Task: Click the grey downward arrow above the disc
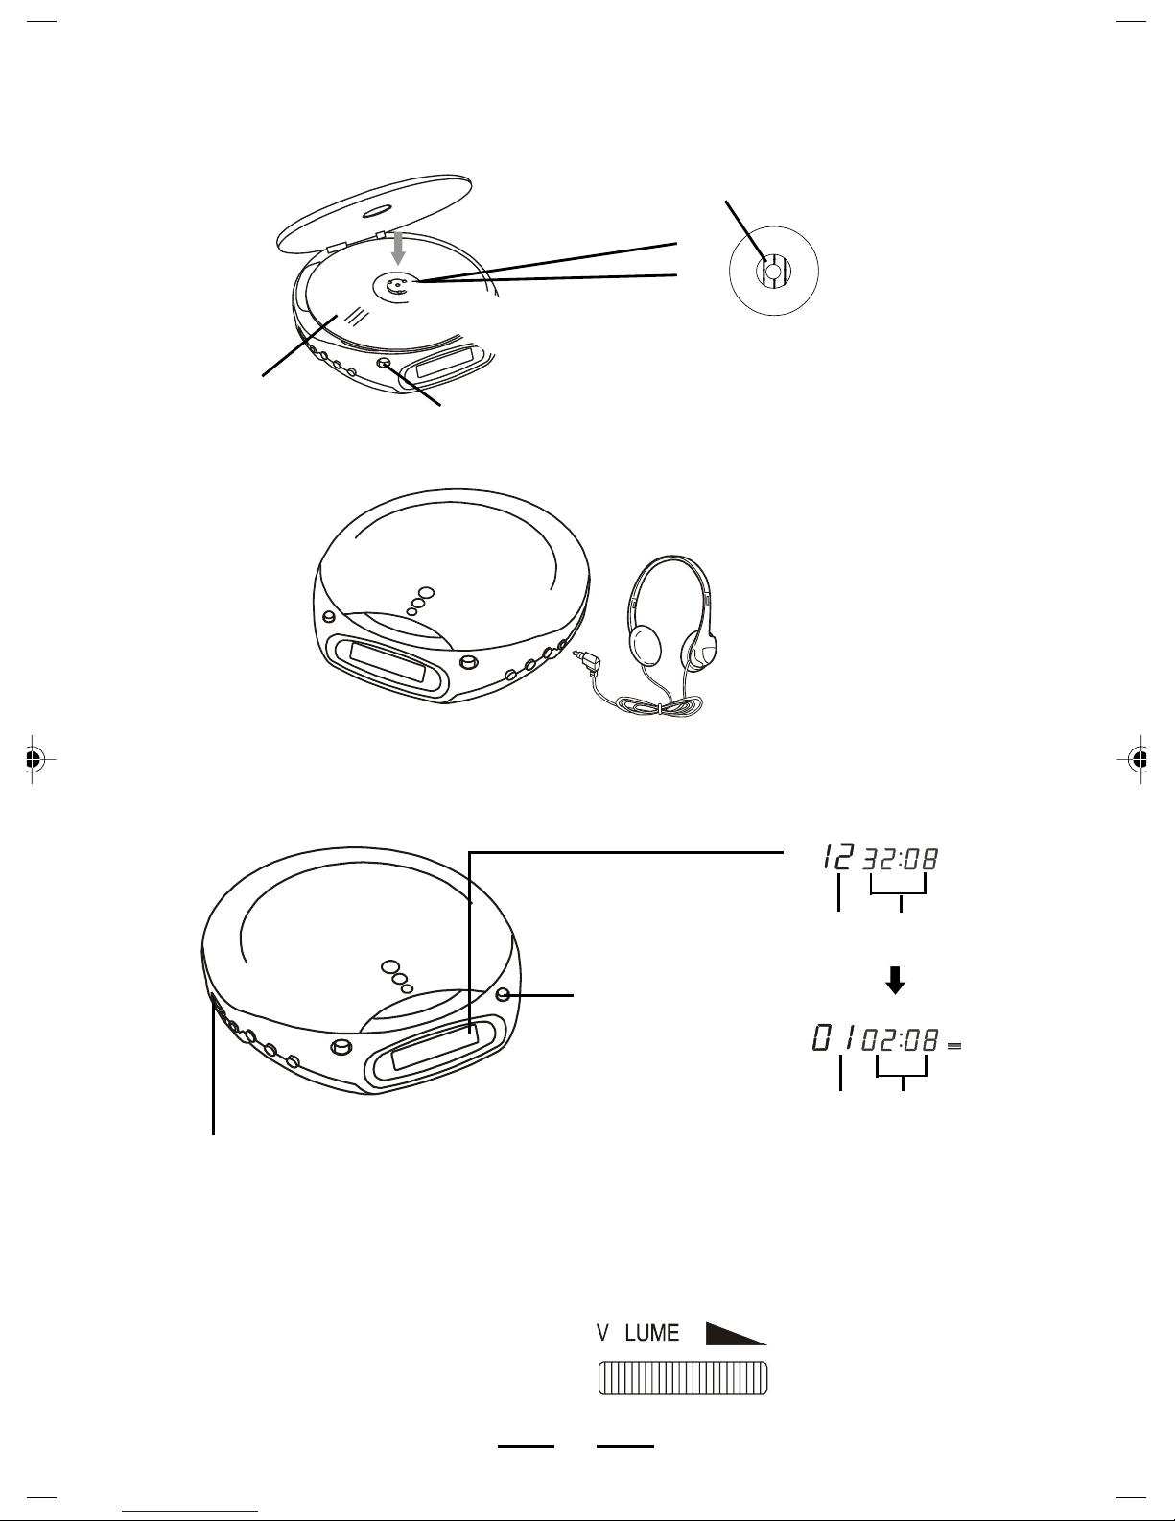[398, 248]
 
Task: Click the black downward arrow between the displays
[895, 980]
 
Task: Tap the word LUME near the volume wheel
[652, 1333]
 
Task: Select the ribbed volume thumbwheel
[683, 1377]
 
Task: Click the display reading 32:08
[900, 859]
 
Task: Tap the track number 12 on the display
[838, 857]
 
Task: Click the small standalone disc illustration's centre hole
[773, 271]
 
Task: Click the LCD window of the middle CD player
[388, 662]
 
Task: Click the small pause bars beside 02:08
[954, 1046]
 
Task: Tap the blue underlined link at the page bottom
[190, 1513]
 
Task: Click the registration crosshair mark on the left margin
[33, 758]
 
